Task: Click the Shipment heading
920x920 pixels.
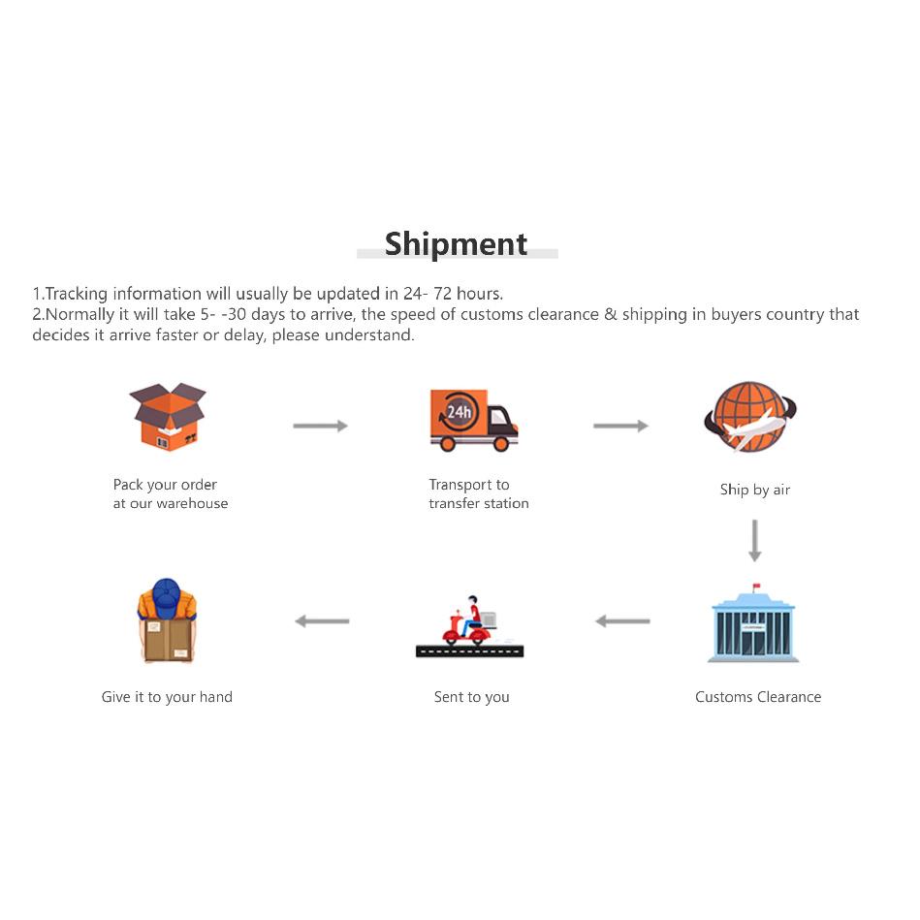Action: (456, 244)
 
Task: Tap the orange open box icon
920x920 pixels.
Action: (168, 417)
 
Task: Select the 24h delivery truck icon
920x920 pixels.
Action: (473, 420)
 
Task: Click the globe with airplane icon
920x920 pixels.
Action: (750, 417)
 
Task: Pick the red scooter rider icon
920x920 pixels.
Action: (469, 626)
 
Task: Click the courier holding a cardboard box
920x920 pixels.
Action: (167, 620)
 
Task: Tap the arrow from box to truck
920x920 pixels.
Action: (320, 426)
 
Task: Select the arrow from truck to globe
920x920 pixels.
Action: (620, 426)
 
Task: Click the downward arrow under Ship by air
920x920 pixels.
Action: (755, 540)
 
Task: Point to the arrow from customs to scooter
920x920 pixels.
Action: (622, 620)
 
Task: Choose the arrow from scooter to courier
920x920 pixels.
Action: (322, 620)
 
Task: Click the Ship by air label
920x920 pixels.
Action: (755, 490)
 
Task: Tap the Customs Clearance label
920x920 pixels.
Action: (758, 697)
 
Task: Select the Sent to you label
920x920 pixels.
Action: (472, 697)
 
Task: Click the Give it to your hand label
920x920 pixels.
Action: (167, 697)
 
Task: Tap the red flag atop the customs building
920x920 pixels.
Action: (756, 586)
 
